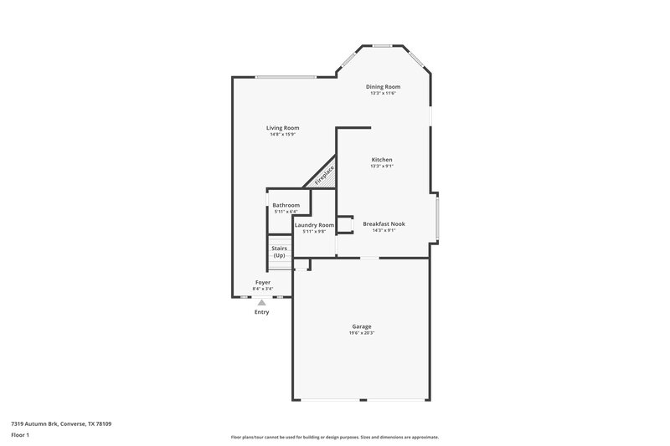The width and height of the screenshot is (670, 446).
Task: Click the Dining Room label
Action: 383,86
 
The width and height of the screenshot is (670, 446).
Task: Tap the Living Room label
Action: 282,128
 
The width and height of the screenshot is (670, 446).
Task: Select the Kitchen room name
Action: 382,160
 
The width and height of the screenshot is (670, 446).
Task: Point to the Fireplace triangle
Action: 323,177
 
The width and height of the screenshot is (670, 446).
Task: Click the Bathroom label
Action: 286,205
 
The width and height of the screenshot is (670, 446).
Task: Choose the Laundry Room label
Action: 314,225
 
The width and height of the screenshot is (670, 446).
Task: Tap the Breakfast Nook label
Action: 384,223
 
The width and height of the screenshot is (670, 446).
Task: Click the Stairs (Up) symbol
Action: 280,252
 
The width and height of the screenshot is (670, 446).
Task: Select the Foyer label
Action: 263,283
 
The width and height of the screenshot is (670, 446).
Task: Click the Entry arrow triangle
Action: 262,302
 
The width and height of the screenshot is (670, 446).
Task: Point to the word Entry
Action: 262,312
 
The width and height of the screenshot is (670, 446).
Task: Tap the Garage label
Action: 362,326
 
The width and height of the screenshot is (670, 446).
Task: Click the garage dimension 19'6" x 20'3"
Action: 362,333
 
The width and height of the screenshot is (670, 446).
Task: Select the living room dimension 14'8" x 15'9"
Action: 284,135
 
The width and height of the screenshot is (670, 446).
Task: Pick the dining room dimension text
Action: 383,93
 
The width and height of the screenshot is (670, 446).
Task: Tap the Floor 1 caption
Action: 21,436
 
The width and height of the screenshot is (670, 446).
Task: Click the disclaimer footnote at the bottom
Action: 334,437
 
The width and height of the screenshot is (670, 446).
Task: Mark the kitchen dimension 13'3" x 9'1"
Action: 382,167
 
